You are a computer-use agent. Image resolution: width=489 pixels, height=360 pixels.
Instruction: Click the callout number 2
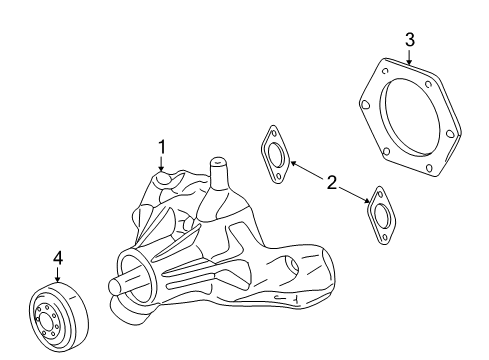(331, 182)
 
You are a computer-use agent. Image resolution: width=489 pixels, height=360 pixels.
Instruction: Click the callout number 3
(409, 39)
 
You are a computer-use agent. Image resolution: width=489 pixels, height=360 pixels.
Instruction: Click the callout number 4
(58, 258)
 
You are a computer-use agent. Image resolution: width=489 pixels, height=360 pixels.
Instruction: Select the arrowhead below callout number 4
(58, 281)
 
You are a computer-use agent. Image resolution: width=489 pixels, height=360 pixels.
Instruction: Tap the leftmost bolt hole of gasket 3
(366, 99)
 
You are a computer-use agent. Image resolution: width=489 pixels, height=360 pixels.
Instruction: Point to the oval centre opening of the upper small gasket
(272, 153)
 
